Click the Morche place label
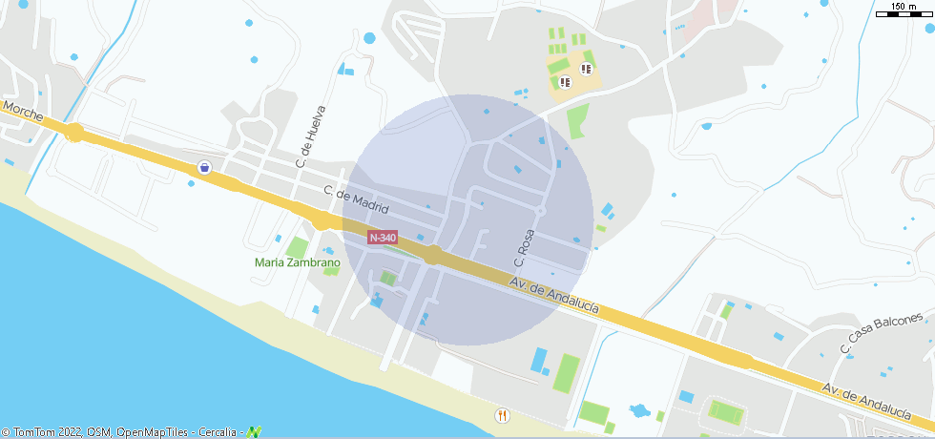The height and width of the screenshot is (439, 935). point(23,112)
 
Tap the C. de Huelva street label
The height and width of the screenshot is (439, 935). point(306,136)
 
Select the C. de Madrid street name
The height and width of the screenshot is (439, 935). point(357,199)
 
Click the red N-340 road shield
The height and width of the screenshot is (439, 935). point(382,237)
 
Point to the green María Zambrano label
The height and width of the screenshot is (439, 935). point(298,262)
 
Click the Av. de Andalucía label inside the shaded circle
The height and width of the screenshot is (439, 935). point(554,295)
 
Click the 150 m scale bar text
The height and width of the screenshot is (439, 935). point(904,7)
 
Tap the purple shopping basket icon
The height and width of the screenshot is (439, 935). point(204,168)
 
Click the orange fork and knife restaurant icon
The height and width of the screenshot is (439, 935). point(502,415)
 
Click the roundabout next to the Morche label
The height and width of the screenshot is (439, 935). point(74,132)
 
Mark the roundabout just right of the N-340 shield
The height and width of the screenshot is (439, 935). point(433,255)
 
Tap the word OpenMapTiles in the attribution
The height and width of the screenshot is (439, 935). point(153,432)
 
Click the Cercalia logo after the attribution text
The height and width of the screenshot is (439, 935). point(254,431)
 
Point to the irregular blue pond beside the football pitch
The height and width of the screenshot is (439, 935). point(637,412)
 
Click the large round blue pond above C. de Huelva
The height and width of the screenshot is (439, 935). point(369,38)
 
